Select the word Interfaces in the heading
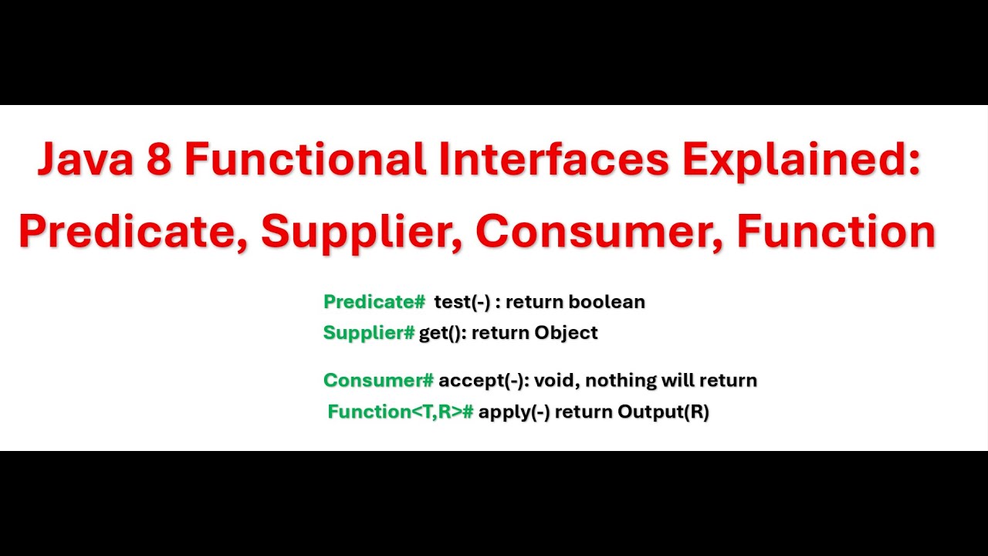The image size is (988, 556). click(554, 160)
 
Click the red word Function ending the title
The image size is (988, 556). click(836, 231)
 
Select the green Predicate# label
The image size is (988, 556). click(374, 302)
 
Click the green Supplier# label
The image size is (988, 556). click(369, 333)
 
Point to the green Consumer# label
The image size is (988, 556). click(378, 380)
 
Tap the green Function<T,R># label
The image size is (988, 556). click(400, 412)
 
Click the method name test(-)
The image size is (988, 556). click(462, 302)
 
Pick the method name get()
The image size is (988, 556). click(442, 333)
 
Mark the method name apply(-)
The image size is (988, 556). click(514, 412)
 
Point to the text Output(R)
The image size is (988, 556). click(663, 412)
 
